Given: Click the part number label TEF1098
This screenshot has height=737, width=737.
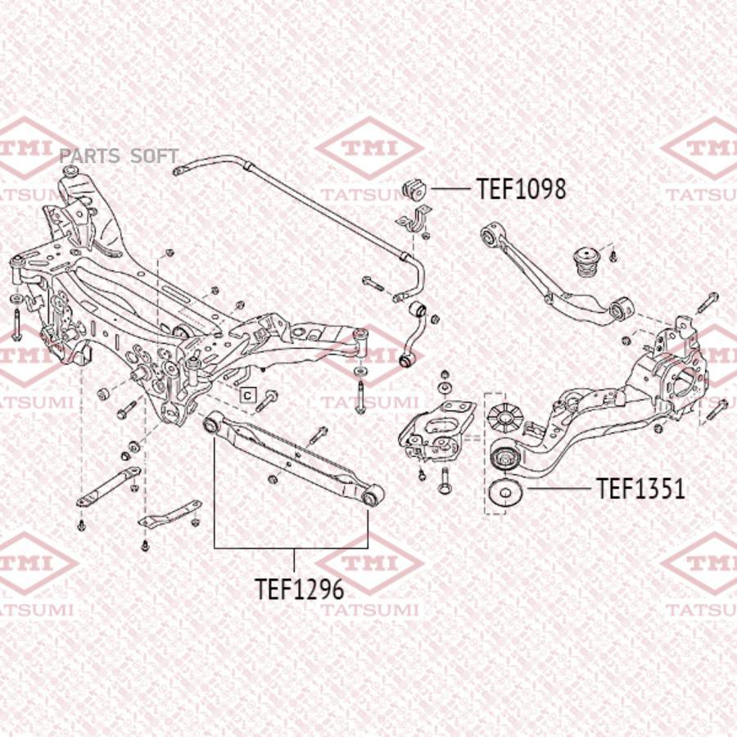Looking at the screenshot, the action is (522, 189).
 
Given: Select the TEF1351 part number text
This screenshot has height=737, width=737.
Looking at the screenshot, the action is (640, 488).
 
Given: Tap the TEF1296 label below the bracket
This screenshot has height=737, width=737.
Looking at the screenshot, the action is (300, 589).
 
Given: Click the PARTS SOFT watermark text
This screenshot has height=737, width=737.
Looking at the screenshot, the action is (119, 156).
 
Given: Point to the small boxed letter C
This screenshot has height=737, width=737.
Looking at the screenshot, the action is (247, 396).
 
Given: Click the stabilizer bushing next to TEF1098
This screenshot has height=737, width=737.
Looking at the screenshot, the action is (414, 189).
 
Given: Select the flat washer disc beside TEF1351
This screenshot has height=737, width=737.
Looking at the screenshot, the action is (506, 492).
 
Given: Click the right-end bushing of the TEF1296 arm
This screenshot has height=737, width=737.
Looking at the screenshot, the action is (372, 495).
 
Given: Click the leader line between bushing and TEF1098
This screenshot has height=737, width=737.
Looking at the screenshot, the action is (450, 189).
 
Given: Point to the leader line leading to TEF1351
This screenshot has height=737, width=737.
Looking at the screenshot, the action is (558, 489).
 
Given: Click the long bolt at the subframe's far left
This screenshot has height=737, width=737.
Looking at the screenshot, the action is (17, 324).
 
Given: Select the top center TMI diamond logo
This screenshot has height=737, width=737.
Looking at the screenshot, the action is (369, 148).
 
